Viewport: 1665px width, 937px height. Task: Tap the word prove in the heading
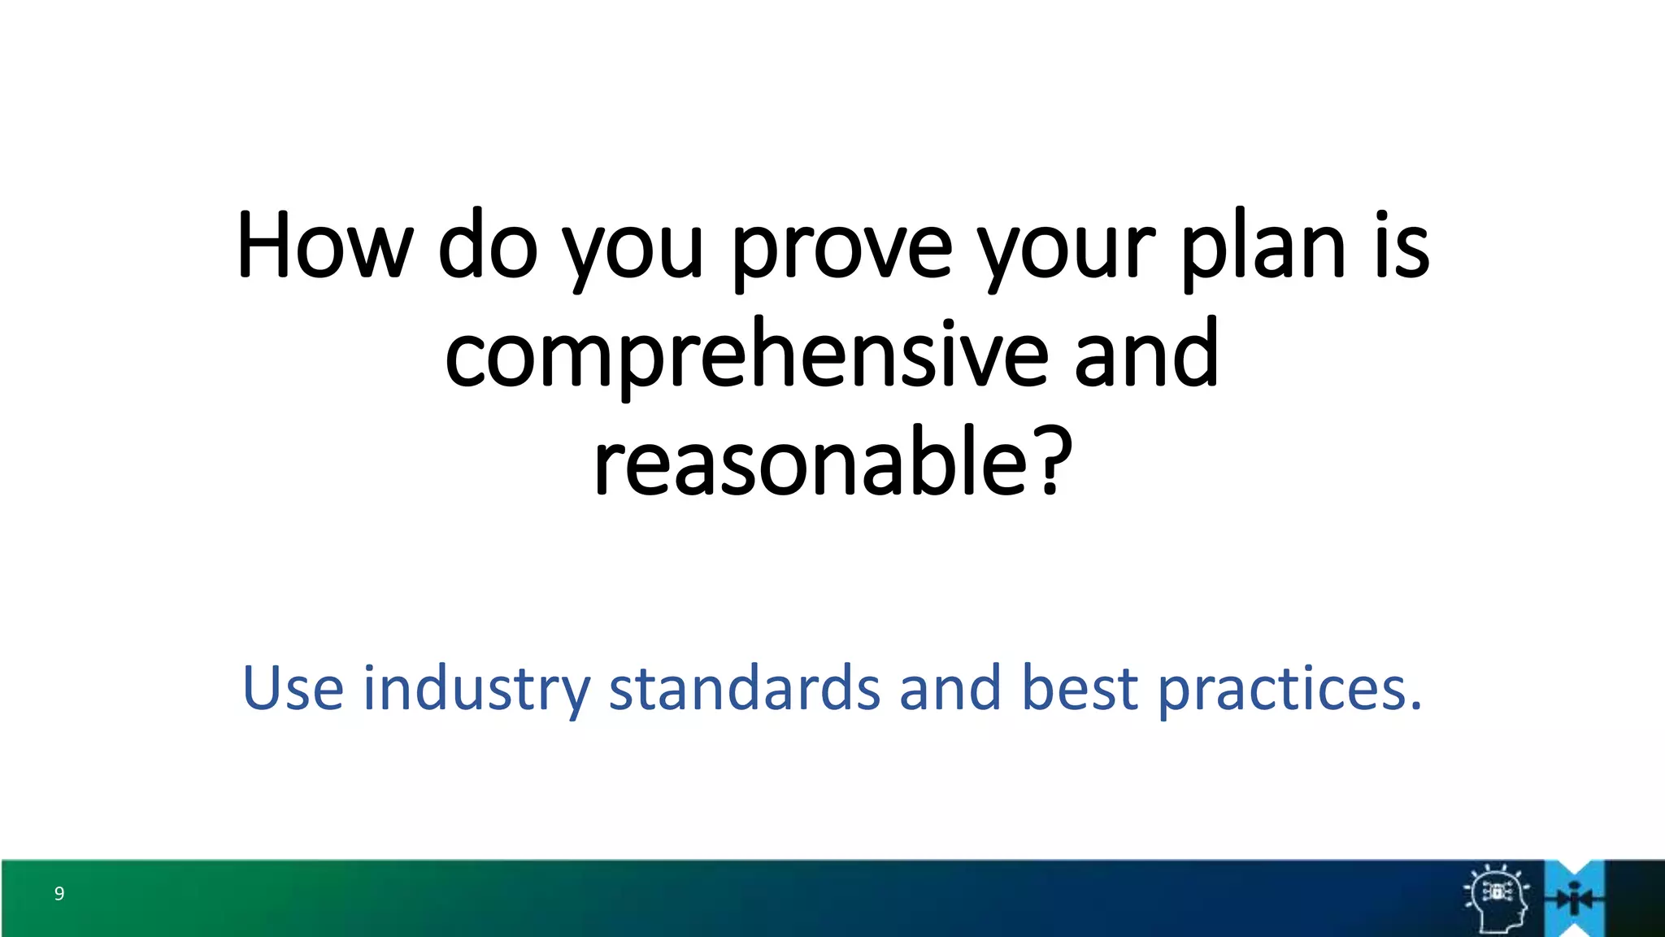click(x=841, y=245)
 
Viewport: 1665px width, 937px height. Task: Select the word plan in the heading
click(x=1263, y=245)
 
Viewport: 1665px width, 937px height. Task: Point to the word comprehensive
click(x=746, y=355)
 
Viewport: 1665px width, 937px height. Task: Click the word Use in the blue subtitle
click(x=293, y=688)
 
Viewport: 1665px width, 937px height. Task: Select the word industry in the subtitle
click(x=476, y=688)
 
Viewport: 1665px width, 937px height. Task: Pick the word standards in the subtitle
click(x=744, y=688)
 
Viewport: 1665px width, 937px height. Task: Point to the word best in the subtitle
click(x=1079, y=688)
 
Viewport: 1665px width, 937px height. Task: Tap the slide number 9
click(x=59, y=894)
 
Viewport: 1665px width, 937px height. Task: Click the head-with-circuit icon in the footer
click(x=1497, y=897)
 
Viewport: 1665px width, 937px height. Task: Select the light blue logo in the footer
click(x=1575, y=898)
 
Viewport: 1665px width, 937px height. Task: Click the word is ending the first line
click(x=1402, y=245)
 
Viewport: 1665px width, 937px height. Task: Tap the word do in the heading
click(x=487, y=245)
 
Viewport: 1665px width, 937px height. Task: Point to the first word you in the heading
click(x=632, y=245)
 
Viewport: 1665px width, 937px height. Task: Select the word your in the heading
click(x=1066, y=245)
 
